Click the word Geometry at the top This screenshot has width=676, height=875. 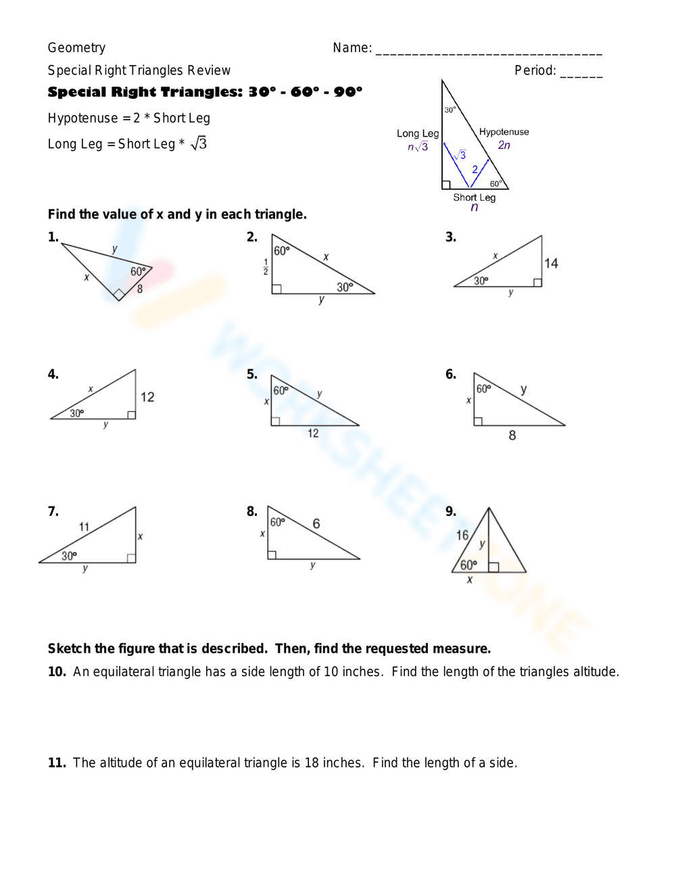pos(76,48)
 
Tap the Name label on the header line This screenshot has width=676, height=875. pos(352,48)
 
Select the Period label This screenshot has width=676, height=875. pos(535,70)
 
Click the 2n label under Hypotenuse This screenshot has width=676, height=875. pos(504,145)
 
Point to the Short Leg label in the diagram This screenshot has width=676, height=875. pos(474,197)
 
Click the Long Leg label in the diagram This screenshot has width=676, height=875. pos(418,134)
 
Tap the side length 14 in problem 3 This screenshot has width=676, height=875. pos(551,264)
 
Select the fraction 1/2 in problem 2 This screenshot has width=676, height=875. pos(266,267)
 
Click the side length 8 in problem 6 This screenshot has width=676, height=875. pos(512,435)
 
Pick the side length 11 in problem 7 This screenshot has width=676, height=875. pos(84,527)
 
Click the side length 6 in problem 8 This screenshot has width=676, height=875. pos(316,523)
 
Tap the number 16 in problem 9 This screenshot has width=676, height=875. pos(462,536)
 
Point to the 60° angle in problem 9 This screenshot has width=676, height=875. pos(468,565)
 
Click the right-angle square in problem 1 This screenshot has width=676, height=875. pos(119,294)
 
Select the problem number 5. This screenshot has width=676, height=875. pos(251,375)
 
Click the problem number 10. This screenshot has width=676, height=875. pos(57,672)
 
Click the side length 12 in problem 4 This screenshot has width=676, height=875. pos(147,397)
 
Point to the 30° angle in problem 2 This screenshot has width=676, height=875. pos(345,287)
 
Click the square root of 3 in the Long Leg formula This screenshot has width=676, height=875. pos(199,143)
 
